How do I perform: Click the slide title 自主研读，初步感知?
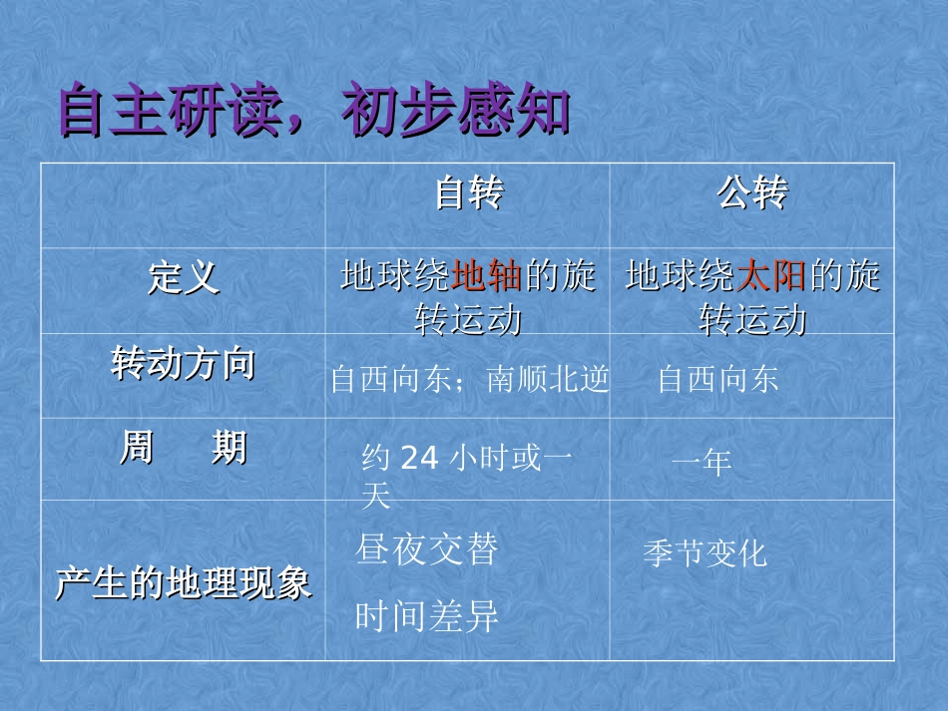point(313,112)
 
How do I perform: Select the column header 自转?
point(468,194)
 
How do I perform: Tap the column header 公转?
point(752,194)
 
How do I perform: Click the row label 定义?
point(183,278)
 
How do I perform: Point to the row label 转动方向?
point(183,365)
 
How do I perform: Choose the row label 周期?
point(183,449)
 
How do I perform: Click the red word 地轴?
point(487,276)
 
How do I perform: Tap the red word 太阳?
point(771,276)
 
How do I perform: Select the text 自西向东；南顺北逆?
point(469,381)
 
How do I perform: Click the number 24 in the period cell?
point(419,459)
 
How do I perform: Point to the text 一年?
point(702,462)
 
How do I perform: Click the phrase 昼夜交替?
point(426,550)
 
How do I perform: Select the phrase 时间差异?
point(426,618)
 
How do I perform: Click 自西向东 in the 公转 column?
point(717,381)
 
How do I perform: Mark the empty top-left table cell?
point(183,204)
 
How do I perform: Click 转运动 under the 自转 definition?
point(468,321)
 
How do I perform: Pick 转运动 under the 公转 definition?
point(752,321)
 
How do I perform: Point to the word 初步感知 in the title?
point(455,112)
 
